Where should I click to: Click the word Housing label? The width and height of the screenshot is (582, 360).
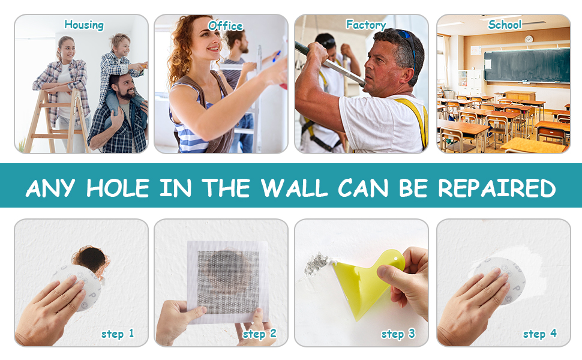84,25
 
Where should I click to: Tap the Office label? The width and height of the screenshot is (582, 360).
225,26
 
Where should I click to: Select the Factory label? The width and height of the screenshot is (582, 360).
365,25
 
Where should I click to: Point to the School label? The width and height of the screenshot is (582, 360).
505,25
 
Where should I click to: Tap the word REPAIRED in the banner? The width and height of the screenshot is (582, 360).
497,188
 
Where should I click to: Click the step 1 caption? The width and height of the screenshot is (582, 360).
118,334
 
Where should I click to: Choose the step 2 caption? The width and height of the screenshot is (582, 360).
259,334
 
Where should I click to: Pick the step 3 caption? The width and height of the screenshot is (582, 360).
398,334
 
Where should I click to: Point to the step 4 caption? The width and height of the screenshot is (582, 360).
539,334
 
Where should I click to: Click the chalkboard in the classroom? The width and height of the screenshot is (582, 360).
526,65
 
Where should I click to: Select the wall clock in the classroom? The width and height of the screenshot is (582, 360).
529,39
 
